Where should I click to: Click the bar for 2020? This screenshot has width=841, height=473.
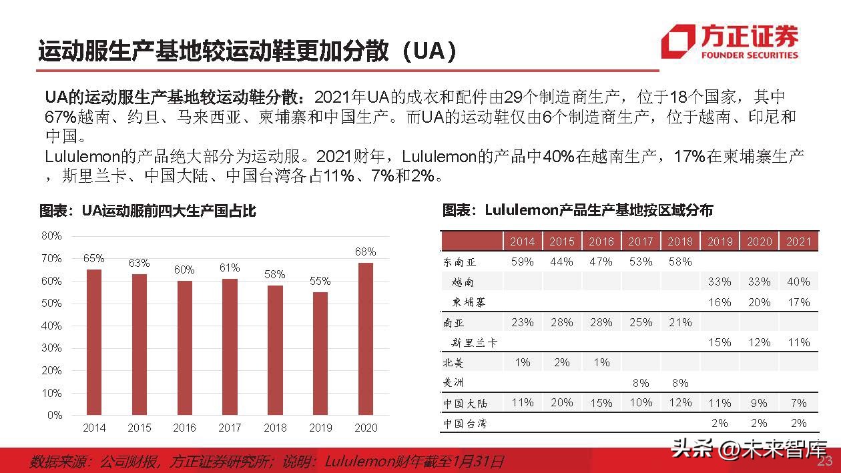365,339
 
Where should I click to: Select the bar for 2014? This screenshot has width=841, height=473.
94,342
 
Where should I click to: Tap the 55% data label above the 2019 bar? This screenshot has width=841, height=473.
320,281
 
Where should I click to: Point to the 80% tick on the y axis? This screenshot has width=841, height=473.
51,235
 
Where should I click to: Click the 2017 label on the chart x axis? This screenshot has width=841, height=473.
230,428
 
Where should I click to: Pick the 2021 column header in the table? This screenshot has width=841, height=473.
798,242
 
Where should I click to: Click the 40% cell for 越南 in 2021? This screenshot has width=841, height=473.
798,282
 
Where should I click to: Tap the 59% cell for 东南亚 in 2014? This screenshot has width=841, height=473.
522,262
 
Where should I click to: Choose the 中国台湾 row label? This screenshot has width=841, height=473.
465,424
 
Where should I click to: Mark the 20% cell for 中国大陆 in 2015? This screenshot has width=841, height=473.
561,403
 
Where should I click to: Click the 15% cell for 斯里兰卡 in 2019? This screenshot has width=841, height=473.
720,342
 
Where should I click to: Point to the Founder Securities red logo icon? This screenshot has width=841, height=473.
677,41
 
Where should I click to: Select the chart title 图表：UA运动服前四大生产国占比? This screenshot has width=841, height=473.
148,211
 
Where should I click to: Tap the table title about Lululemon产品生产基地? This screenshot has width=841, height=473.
577,210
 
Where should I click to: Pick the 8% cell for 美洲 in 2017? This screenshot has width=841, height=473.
641,383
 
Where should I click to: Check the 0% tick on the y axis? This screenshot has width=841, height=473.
53,415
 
